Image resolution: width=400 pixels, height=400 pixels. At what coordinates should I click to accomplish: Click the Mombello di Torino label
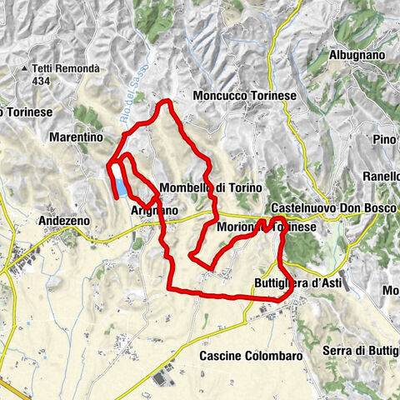click(210, 187)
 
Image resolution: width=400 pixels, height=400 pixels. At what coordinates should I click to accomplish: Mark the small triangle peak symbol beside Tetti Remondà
click(26, 67)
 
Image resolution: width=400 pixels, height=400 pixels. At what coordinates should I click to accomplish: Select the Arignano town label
click(154, 212)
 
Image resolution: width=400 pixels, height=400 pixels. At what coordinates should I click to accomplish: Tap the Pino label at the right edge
click(384, 138)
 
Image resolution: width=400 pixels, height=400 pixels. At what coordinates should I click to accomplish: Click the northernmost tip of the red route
click(167, 102)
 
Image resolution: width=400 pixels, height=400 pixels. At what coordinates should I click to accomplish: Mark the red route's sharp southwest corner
click(170, 288)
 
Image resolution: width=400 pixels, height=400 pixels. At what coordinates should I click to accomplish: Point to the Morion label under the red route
click(234, 227)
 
